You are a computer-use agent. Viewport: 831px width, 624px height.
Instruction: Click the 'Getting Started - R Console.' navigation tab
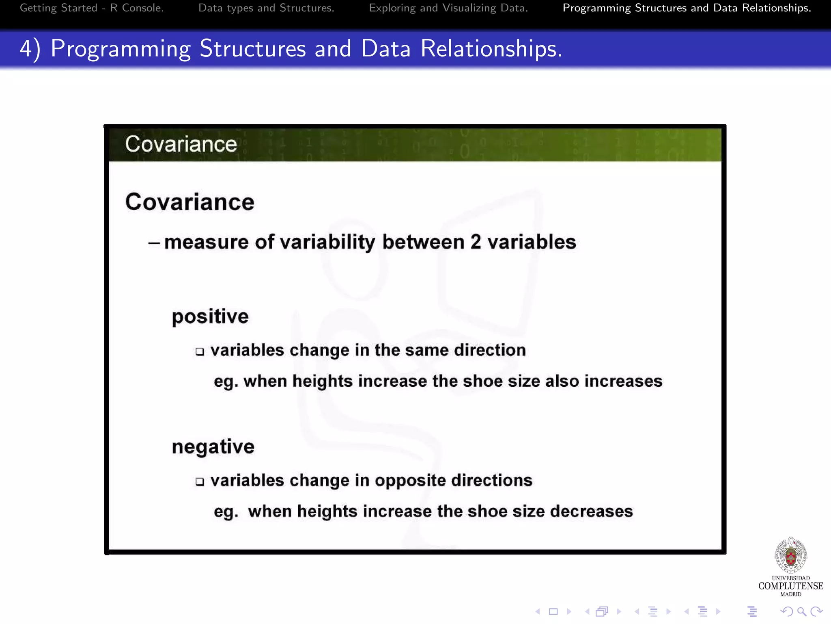(92, 8)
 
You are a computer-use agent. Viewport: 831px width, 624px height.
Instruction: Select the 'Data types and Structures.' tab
(266, 8)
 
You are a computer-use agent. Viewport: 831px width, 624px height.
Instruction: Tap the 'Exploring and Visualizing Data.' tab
(448, 8)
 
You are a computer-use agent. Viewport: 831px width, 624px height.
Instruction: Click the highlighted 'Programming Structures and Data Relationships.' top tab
(687, 8)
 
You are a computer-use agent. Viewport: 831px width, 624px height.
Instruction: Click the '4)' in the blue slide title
(30, 49)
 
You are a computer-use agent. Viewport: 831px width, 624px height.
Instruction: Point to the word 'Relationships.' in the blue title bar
(491, 49)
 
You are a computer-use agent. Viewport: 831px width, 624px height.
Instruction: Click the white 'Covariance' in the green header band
(181, 144)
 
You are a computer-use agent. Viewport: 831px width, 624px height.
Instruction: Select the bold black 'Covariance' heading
(189, 202)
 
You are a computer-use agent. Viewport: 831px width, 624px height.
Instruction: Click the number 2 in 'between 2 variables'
(476, 242)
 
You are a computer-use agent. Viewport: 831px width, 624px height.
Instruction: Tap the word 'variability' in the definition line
(327, 242)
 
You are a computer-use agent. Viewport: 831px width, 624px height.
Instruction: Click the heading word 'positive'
(210, 316)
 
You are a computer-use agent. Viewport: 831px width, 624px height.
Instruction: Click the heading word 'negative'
(213, 447)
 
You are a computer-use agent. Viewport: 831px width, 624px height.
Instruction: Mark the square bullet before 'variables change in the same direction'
(200, 351)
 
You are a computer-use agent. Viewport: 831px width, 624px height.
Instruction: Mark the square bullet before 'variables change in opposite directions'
(200, 482)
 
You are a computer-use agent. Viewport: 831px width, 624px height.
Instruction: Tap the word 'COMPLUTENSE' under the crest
(790, 586)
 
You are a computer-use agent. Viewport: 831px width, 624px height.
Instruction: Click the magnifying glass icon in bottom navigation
(801, 611)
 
